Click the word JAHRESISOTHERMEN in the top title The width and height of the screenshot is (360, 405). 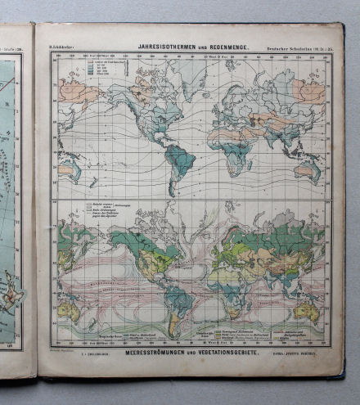pos(168,47)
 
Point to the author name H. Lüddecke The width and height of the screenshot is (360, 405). pos(63,47)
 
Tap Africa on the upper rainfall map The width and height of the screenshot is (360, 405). pos(234,148)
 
